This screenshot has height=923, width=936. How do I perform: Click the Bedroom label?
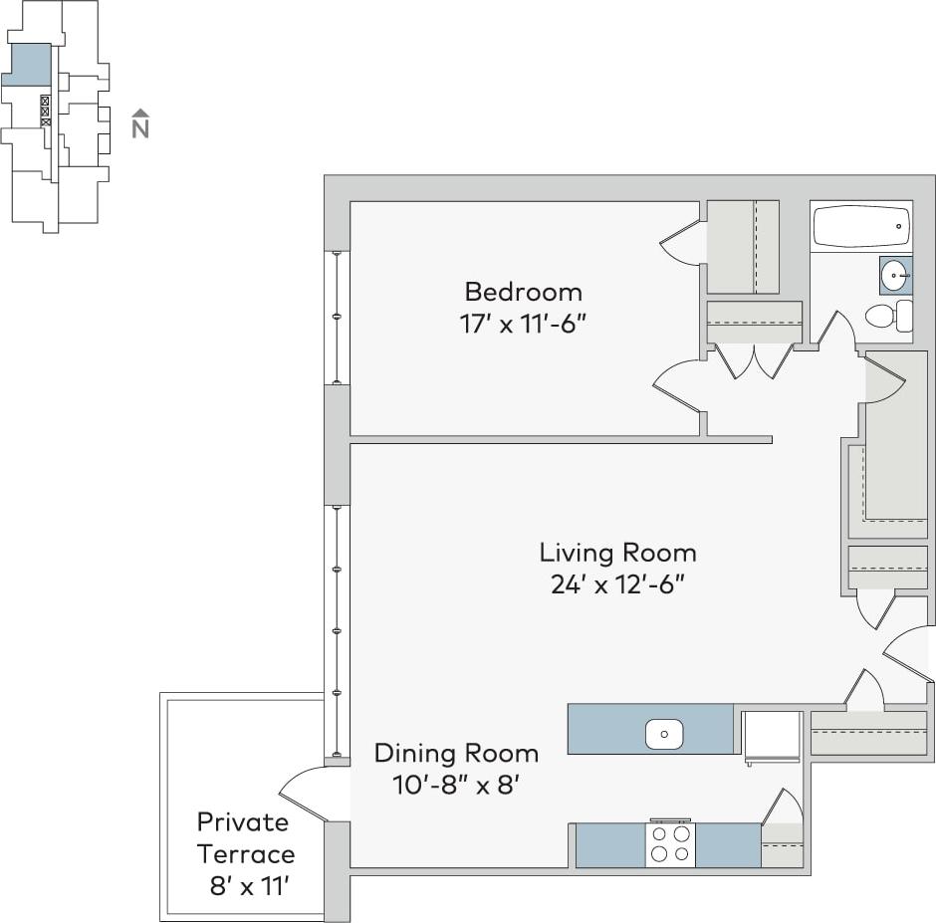click(x=523, y=292)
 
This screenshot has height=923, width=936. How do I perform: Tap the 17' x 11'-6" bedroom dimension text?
click(x=523, y=324)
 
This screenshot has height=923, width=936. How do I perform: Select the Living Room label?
click(x=617, y=553)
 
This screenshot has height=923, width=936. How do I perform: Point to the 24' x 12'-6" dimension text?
click(x=617, y=584)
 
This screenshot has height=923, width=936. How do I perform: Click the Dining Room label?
click(x=456, y=753)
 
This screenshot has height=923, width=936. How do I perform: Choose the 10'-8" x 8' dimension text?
click(x=456, y=785)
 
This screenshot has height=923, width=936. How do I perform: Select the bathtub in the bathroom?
click(x=861, y=227)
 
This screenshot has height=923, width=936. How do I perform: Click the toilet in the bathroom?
click(x=886, y=317)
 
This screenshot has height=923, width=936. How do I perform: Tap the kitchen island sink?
click(x=664, y=735)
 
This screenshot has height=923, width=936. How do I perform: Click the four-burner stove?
click(x=669, y=844)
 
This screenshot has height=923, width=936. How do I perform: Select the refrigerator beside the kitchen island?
click(x=773, y=737)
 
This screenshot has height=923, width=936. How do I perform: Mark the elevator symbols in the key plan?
click(x=45, y=111)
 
